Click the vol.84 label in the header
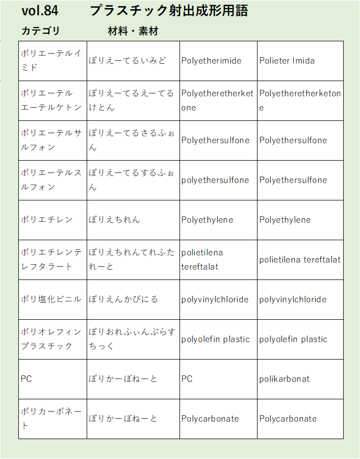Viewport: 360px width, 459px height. [40, 11]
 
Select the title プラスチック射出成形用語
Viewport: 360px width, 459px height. [169, 11]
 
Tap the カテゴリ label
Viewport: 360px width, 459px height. [41, 31]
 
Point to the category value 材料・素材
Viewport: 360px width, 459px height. [133, 31]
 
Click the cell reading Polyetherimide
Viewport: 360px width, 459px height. [211, 61]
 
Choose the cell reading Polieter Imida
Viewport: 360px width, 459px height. [287, 61]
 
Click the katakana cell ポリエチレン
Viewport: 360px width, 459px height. [47, 220]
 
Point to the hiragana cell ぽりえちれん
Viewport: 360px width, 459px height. [114, 220]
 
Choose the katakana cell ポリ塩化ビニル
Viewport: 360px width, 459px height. [51, 299]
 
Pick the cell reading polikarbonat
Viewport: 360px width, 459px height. [284, 379]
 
